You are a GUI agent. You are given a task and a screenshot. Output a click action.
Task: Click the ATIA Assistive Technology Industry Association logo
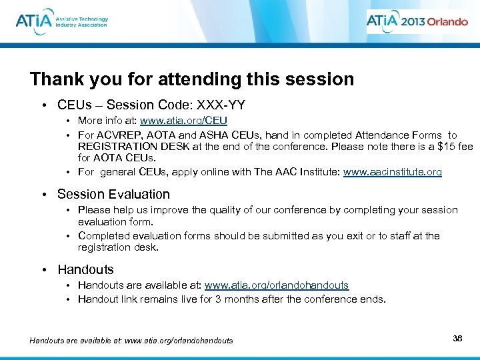click(x=61, y=21)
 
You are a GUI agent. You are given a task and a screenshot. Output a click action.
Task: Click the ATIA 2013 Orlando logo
click(x=417, y=21)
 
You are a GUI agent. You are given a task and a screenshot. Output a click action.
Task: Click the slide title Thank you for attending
click(x=192, y=79)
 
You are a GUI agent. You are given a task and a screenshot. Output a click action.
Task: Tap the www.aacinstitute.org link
click(x=392, y=172)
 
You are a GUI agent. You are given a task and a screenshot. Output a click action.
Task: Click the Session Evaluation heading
click(x=113, y=195)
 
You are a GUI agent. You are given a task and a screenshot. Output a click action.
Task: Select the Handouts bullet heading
click(x=85, y=270)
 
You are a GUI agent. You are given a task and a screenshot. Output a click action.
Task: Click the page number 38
click(x=457, y=339)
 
